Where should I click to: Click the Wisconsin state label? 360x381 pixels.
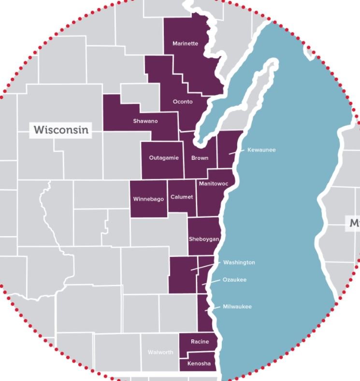(x=61, y=130)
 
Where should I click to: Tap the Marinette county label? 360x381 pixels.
(x=185, y=43)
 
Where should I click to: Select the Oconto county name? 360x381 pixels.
(x=183, y=101)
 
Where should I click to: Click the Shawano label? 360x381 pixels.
(x=145, y=121)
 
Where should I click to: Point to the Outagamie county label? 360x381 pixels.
(x=164, y=158)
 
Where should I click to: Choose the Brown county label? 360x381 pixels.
(x=200, y=158)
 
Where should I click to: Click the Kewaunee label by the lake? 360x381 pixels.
(x=261, y=150)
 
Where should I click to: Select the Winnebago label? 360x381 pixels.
(x=148, y=199)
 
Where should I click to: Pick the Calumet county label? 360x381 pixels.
(x=182, y=197)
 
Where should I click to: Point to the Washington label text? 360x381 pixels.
(x=239, y=262)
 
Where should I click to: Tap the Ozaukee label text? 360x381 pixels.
(x=234, y=280)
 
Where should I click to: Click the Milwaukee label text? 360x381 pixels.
(x=237, y=307)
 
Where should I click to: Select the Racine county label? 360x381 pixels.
(x=200, y=341)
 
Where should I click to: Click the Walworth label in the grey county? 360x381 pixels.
(x=160, y=352)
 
